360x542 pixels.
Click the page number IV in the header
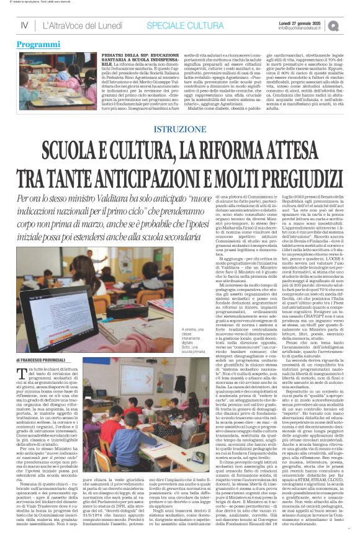(24, 26)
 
